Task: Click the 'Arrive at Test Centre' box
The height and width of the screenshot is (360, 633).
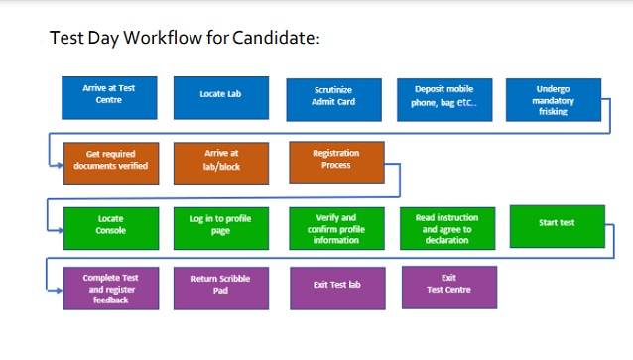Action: click(x=109, y=95)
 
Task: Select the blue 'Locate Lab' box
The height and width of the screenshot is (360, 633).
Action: click(x=220, y=95)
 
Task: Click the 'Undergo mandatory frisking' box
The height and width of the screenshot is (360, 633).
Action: click(x=554, y=99)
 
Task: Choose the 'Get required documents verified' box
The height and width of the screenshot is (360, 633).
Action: click(x=110, y=161)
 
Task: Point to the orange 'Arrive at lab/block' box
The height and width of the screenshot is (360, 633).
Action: click(x=220, y=161)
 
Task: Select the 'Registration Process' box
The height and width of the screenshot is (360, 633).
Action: click(x=336, y=161)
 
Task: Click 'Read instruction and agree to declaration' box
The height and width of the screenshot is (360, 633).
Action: click(x=446, y=228)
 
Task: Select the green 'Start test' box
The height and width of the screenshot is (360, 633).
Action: click(x=557, y=225)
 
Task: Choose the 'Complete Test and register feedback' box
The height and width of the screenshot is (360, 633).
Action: click(x=110, y=289)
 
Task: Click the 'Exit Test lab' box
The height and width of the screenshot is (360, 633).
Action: click(x=336, y=287)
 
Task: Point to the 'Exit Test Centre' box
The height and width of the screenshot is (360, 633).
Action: click(x=448, y=286)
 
